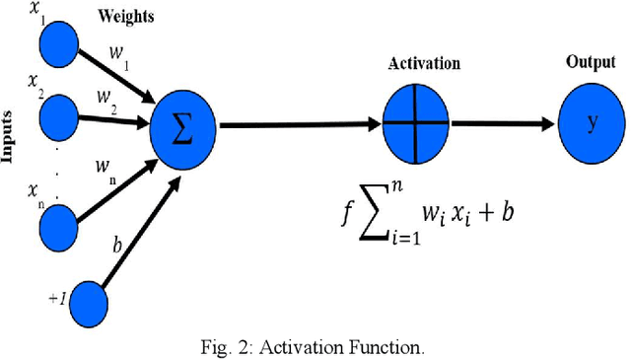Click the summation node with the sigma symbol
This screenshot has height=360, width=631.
pos(183,126)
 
